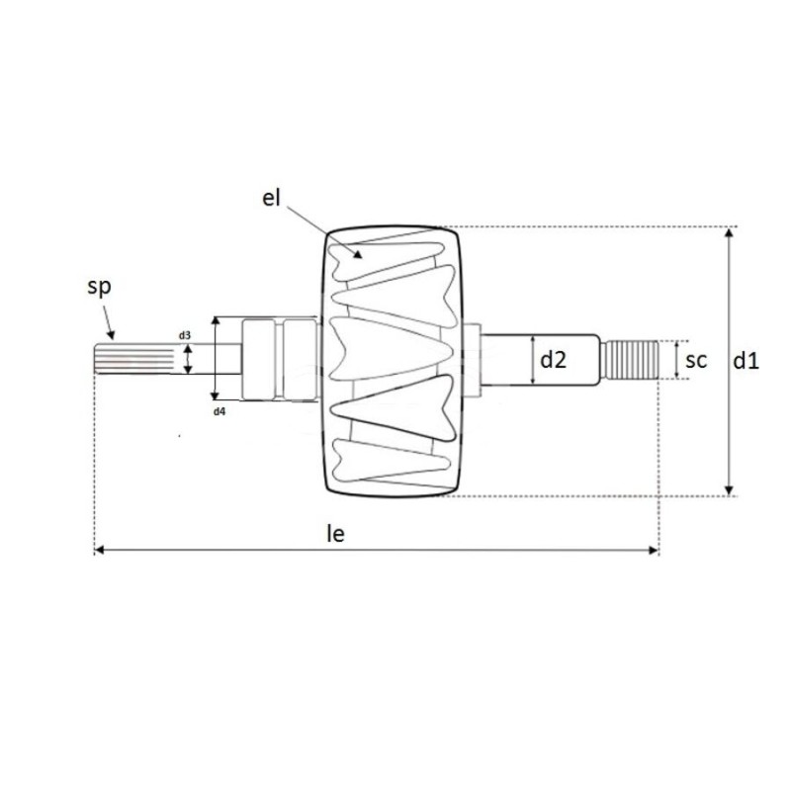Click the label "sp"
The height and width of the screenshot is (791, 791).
coord(99,288)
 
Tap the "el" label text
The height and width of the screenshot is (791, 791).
coord(272,197)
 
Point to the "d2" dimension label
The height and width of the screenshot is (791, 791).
coord(553,361)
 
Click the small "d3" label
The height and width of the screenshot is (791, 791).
coord(185,336)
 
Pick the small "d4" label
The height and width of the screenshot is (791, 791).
coord(220,409)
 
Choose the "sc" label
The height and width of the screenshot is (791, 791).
coord(696,361)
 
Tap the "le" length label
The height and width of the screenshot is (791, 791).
coord(335,534)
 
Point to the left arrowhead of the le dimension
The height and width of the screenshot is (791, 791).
coord(98,549)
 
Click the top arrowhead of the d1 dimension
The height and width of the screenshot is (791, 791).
coord(730,232)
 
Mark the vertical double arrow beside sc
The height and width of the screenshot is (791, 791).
coord(675,361)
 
